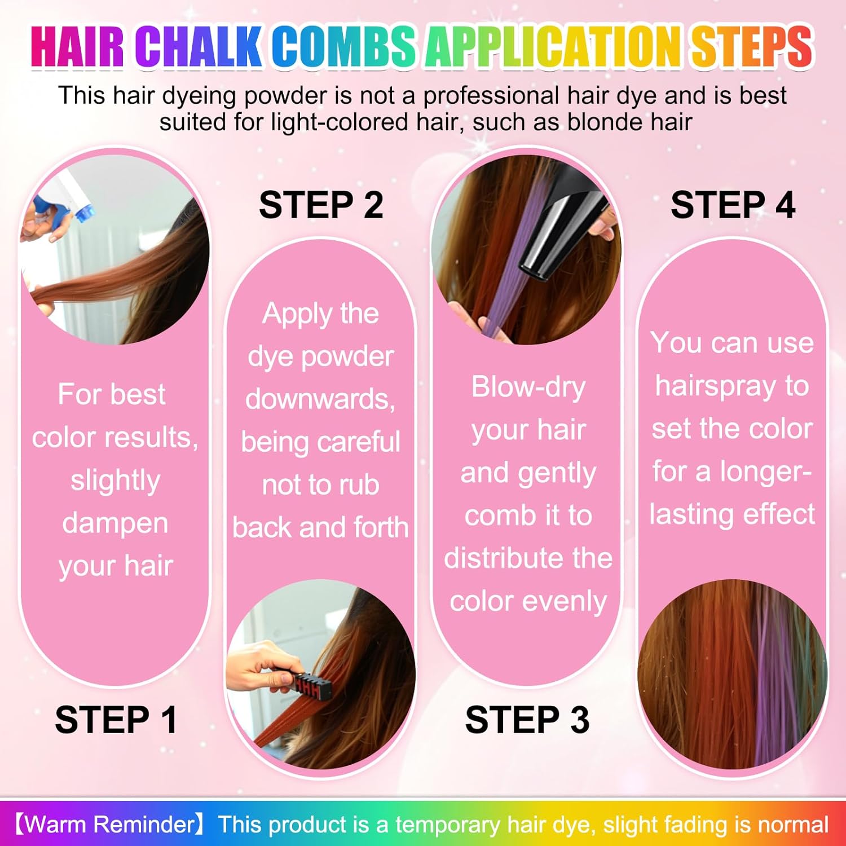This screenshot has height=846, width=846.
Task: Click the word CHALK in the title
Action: click(198, 46)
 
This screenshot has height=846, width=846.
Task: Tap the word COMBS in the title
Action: click(343, 46)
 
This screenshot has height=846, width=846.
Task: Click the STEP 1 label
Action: click(116, 720)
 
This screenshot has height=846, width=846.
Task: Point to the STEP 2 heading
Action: click(321, 205)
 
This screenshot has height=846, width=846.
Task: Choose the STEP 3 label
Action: click(527, 720)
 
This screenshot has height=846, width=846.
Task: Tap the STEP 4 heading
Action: click(733, 205)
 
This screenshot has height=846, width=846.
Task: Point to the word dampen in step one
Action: click(115, 523)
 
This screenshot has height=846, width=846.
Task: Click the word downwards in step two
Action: click(320, 399)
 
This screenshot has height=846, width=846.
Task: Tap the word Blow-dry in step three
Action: click(528, 388)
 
